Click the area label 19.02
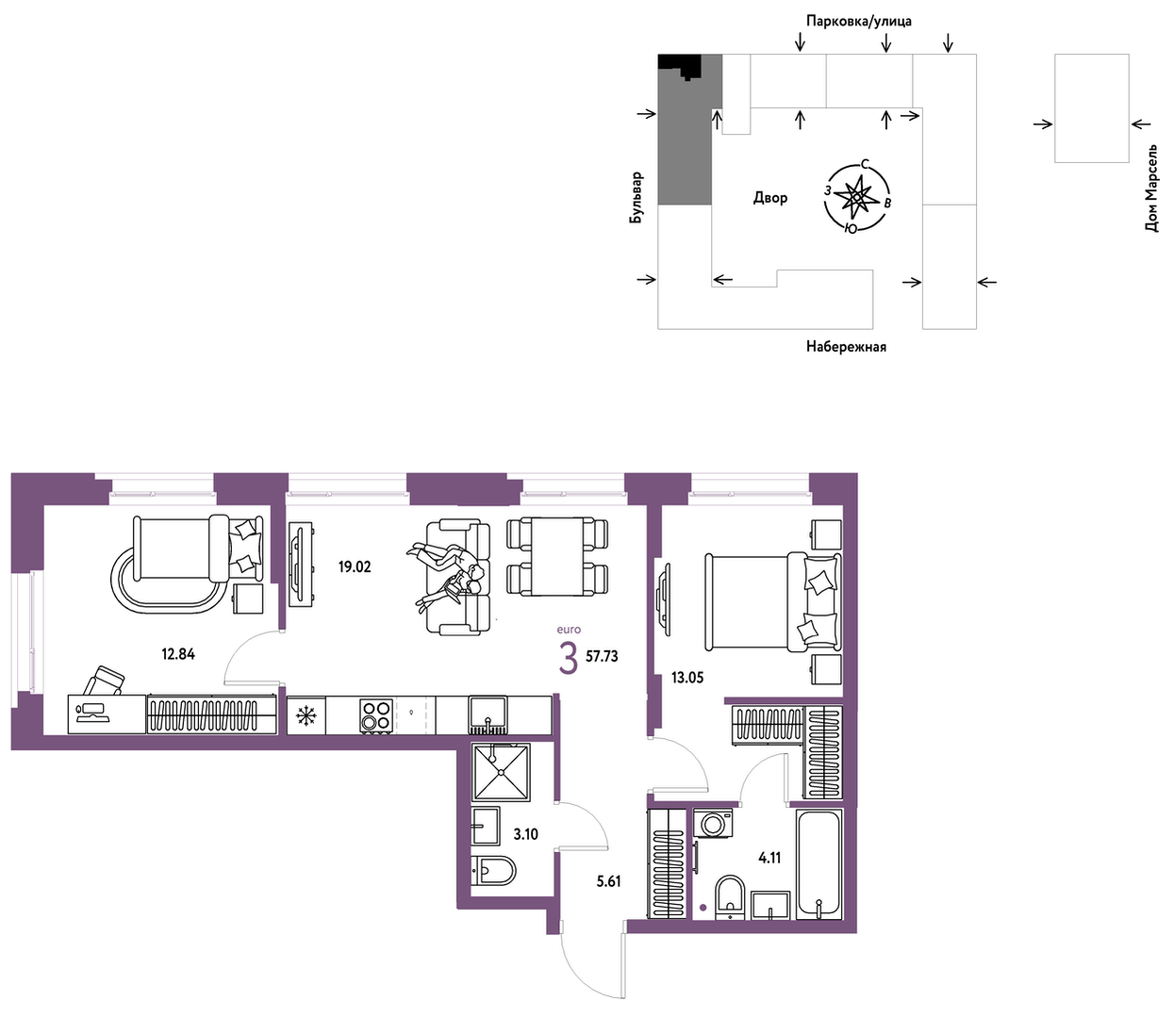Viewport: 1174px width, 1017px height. point(355,566)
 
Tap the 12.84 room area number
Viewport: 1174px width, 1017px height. point(178,654)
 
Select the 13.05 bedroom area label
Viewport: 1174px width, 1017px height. point(687,678)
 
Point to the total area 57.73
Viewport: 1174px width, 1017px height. point(602,657)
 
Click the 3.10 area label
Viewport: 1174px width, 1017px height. point(526,834)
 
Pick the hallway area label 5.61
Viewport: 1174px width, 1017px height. point(608,881)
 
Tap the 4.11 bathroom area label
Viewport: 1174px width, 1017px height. point(769,858)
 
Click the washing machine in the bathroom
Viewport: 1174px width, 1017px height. point(714,823)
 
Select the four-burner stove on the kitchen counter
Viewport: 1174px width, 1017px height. point(376,716)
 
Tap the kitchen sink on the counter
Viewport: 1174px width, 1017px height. point(488,715)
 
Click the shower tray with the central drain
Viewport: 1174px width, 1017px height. point(501,772)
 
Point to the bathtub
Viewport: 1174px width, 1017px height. point(819,863)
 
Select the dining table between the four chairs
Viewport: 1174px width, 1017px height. point(557,556)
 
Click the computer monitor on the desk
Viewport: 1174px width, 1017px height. point(90,713)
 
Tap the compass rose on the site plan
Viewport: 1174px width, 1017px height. point(856,197)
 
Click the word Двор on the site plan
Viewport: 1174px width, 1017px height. point(770,198)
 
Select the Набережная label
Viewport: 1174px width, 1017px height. point(846,346)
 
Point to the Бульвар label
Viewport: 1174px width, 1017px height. point(637,197)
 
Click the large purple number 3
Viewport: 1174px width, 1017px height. point(569,659)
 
